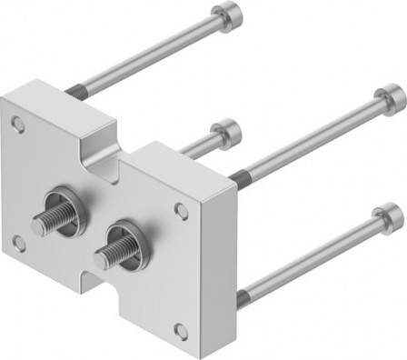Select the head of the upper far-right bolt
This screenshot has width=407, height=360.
coord(389,96)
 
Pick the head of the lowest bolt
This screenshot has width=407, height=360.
coord(389,217)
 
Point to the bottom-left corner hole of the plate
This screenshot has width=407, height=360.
coord(18,243)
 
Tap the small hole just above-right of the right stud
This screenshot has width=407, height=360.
coord(182,210)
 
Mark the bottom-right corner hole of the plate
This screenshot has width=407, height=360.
coord(182,330)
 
